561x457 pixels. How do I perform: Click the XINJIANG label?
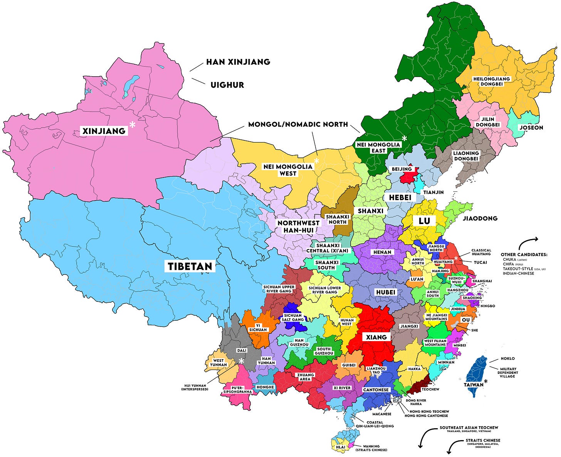[x=104, y=131]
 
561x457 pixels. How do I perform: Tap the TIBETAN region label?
[x=190, y=266]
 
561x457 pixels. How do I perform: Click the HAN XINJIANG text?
[x=238, y=62]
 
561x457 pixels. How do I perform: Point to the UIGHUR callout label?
[x=227, y=85]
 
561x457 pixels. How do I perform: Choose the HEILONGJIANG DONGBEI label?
[x=491, y=81]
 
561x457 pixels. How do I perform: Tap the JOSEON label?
[x=531, y=127]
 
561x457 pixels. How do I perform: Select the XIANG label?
[x=376, y=337]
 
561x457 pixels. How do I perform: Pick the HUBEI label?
[x=386, y=292]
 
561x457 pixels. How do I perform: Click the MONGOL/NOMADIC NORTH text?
[x=298, y=124]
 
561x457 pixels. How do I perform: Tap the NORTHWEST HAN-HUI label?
[x=299, y=226]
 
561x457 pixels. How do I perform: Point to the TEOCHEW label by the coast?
[x=430, y=389]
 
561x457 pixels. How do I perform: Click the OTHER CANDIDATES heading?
[x=524, y=254]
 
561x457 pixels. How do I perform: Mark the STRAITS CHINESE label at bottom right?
[x=483, y=440]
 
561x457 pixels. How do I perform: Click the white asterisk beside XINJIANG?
[x=132, y=125]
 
